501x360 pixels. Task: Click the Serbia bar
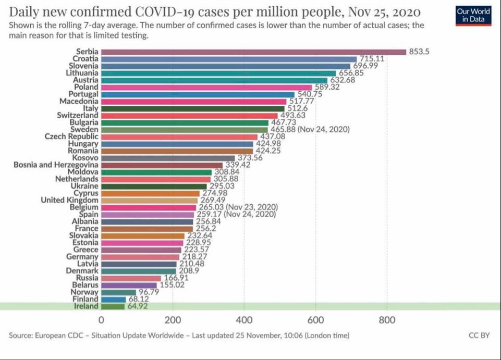coord(253,52)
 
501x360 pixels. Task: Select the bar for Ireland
coord(113,306)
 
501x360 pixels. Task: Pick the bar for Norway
coord(118,292)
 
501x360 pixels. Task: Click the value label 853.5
coord(419,52)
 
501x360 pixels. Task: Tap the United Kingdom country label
coord(69,200)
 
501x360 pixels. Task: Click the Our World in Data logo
coord(473,15)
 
